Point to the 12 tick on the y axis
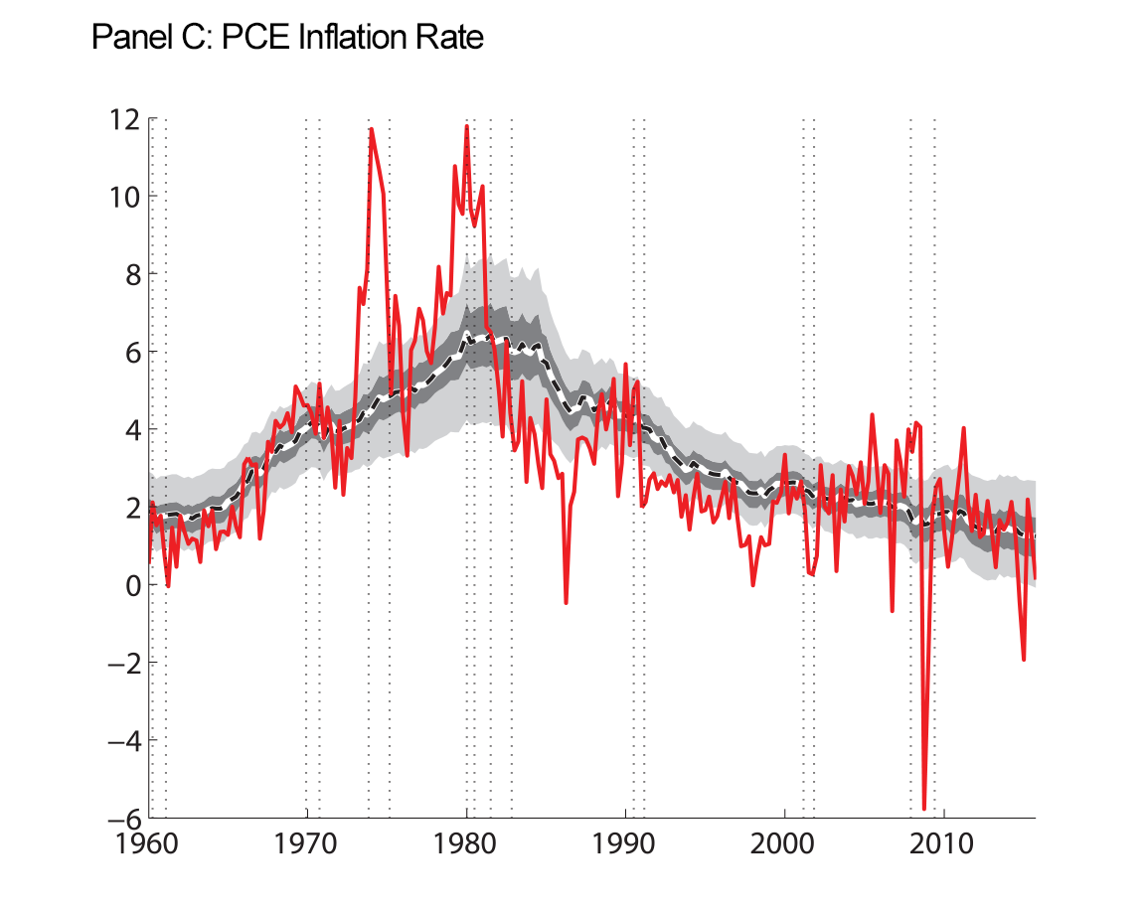(124, 118)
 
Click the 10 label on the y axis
(124, 196)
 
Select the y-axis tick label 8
(130, 273)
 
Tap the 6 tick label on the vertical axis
(130, 352)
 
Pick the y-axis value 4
(130, 429)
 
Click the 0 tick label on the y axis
(130, 585)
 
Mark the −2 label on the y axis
(121, 663)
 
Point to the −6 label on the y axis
(121, 819)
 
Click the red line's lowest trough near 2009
(924, 809)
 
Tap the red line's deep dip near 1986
(566, 602)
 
